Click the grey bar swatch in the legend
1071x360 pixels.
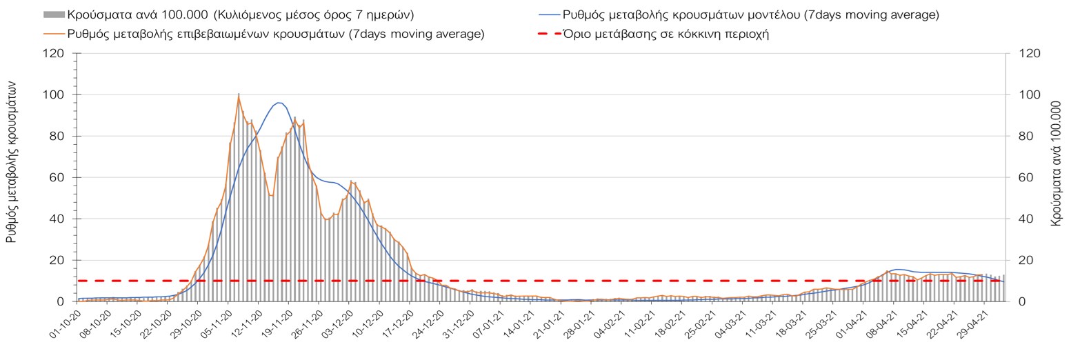pos(54,14)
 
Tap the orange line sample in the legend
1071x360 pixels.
pos(54,34)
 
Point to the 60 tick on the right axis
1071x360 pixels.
pos(1019,177)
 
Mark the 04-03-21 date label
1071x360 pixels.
pos(732,323)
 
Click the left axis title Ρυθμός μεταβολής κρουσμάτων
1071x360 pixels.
pos(12,161)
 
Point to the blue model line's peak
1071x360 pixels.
pos(278,103)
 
